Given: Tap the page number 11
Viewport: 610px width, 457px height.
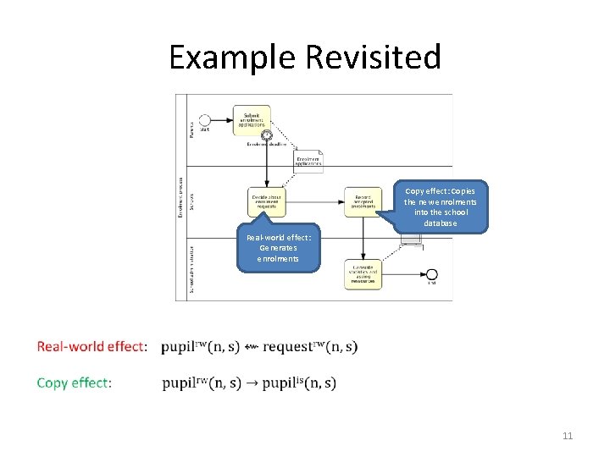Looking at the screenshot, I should (568, 436).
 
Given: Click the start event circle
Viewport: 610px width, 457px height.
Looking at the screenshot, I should (204, 120).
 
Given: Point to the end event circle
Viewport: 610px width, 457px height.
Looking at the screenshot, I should (432, 274).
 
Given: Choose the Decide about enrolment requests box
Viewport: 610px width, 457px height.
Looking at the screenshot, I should (267, 202).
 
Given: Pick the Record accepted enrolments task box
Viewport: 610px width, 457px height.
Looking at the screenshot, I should (363, 202).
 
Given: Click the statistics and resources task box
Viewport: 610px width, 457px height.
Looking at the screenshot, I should (363, 274).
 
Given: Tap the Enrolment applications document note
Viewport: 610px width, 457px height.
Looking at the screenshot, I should (308, 162).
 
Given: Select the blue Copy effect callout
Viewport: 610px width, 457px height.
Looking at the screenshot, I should (441, 206).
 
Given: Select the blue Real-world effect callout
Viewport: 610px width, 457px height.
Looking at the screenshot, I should (279, 248).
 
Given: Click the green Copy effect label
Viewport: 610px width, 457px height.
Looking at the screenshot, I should (74, 383).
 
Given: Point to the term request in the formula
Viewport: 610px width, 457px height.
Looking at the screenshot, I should (288, 347).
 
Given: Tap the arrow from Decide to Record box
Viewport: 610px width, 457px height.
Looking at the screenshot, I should (314, 202).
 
